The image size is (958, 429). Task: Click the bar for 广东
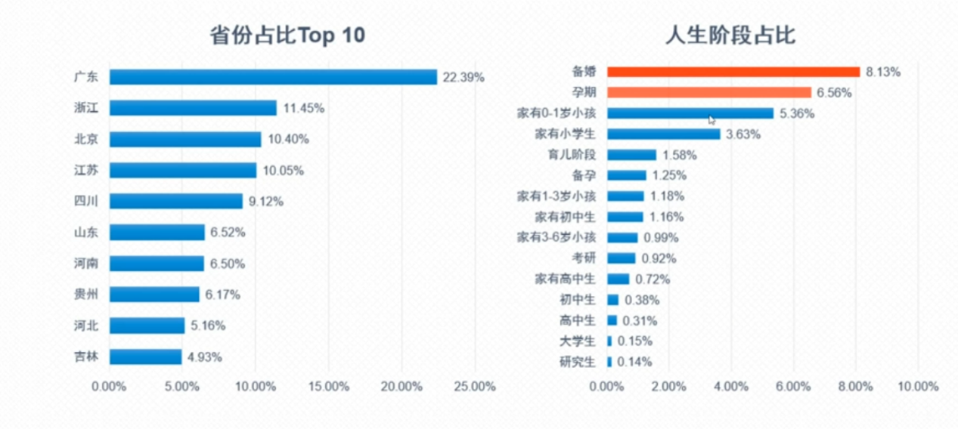coord(273,77)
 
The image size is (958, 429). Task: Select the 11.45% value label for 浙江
coord(304,108)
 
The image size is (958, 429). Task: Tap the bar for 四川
coord(175,201)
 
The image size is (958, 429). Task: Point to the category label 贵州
coord(86,294)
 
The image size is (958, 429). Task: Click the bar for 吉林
coord(145,356)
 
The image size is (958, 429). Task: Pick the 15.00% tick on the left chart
coord(328,387)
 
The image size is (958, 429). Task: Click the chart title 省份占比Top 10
coord(287,35)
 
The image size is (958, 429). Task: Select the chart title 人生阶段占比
coord(730,35)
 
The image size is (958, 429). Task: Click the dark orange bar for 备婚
coord(733,72)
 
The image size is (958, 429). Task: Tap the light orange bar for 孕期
coord(709,92)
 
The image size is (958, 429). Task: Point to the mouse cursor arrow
coord(712,119)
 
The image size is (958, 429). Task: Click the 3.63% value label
coord(743,134)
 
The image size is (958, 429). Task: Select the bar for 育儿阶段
coord(631,155)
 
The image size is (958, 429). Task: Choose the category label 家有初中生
coord(565,217)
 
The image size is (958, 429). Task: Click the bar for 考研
coord(622,258)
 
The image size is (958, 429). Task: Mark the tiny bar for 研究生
coord(609,362)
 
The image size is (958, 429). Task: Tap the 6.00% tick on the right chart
coord(793,387)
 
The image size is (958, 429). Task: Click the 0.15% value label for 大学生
coord(635,341)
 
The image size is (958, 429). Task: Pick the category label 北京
coord(86,139)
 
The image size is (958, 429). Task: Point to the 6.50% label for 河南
coord(228,264)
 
